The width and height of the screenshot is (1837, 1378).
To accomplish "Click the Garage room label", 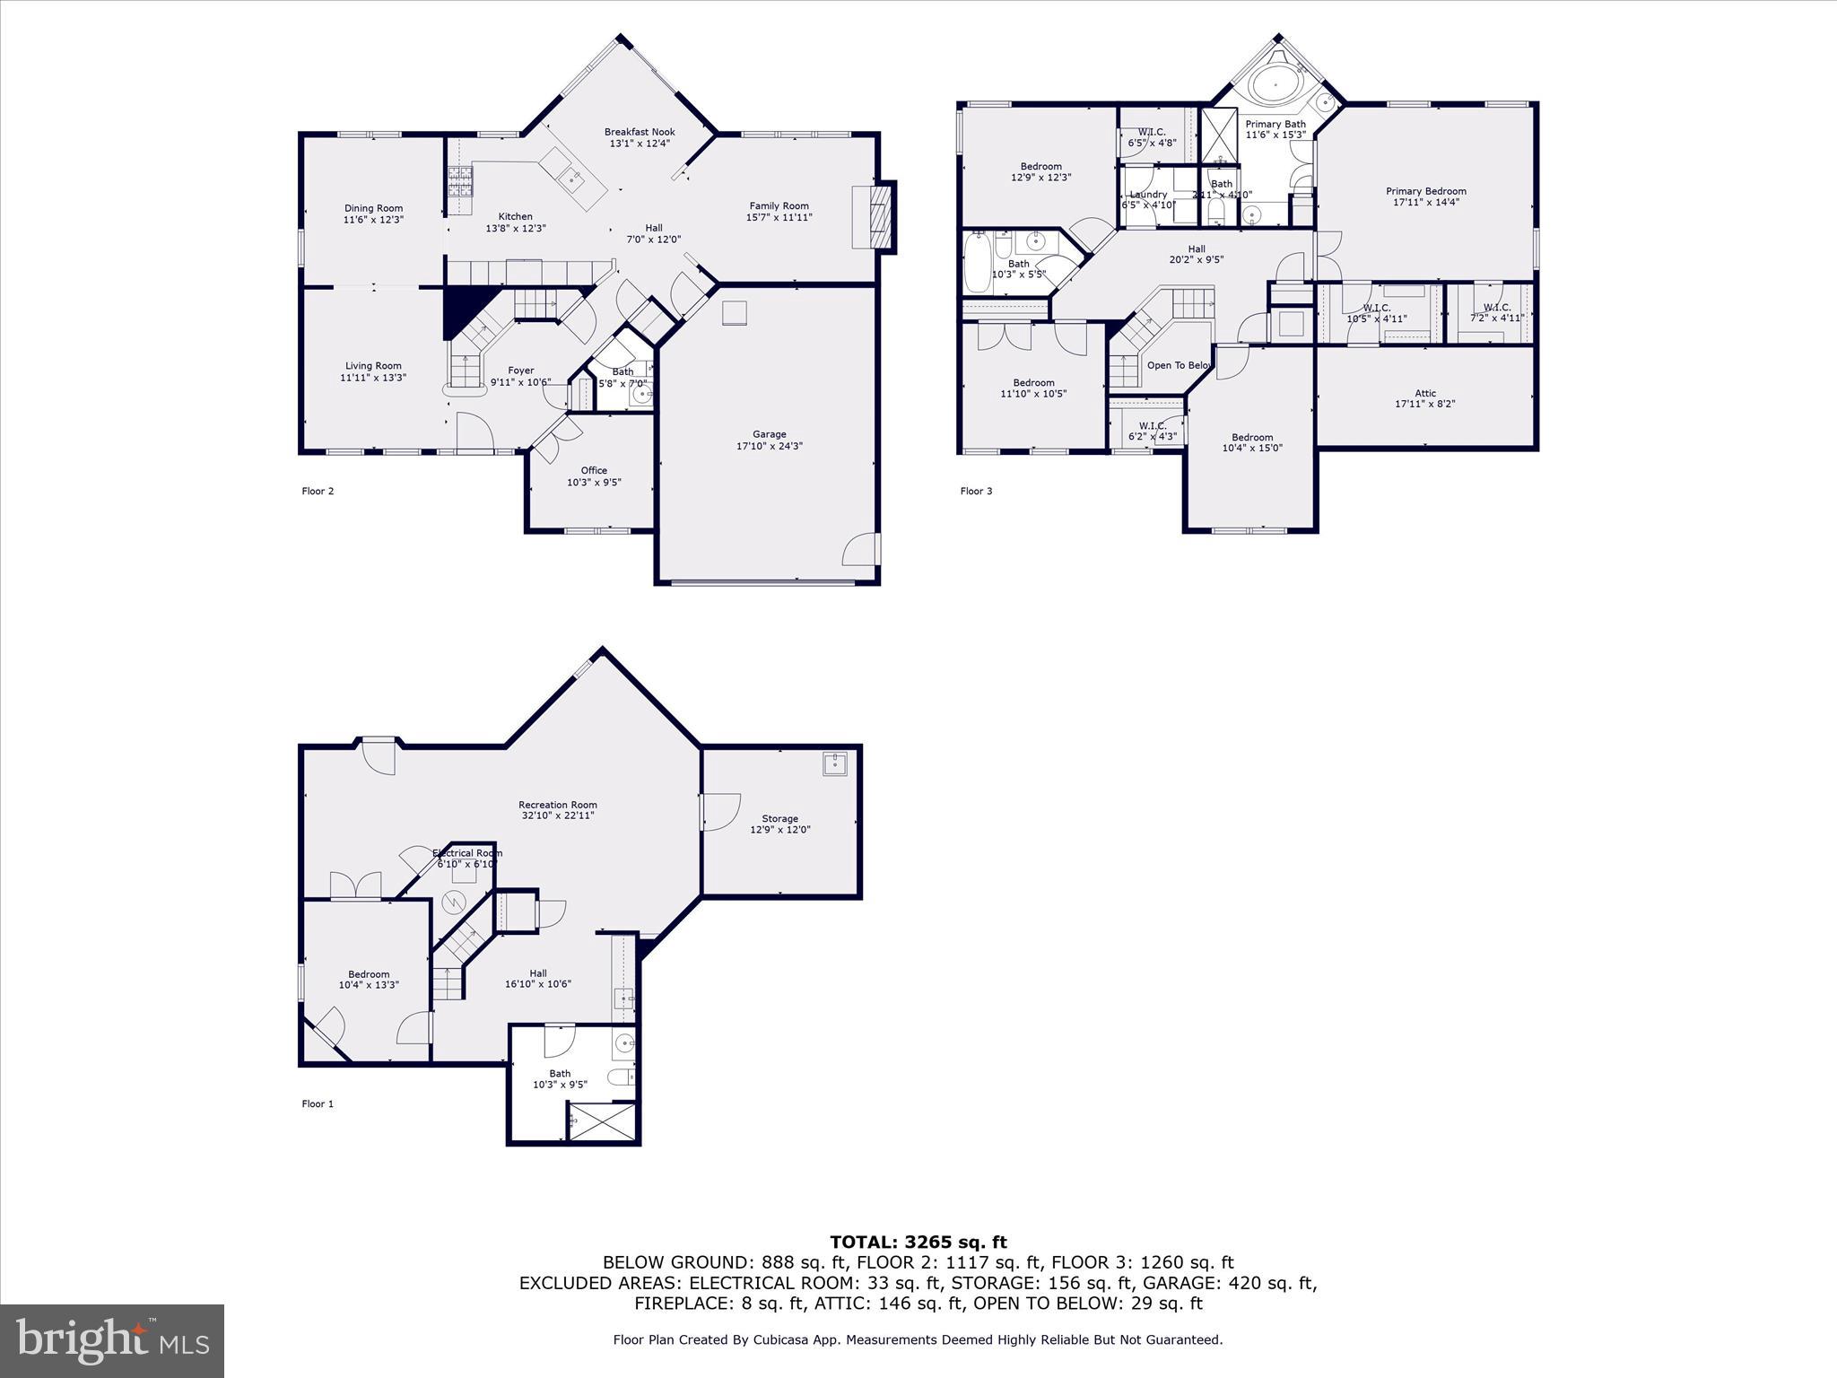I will pyautogui.click(x=769, y=434).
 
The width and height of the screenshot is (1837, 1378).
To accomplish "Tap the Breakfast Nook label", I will pyautogui.click(x=640, y=132).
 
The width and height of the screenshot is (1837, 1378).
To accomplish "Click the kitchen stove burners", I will pyautogui.click(x=460, y=182).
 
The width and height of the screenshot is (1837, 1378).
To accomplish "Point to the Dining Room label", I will pyautogui.click(x=373, y=208).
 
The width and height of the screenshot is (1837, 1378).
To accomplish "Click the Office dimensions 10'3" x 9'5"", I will pyautogui.click(x=594, y=483).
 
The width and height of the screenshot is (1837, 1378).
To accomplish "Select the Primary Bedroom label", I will pyautogui.click(x=1425, y=191).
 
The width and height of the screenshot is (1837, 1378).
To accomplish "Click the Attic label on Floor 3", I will pyautogui.click(x=1425, y=393).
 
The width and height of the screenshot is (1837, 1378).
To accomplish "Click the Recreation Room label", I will pyautogui.click(x=557, y=805).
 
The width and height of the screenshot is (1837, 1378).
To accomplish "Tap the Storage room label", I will pyautogui.click(x=779, y=818).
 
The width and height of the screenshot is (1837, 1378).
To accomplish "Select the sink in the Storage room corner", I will pyautogui.click(x=835, y=763).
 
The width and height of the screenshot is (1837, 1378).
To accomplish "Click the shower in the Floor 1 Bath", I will pyautogui.click(x=603, y=1121).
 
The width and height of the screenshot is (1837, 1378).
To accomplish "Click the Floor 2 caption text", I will pyautogui.click(x=318, y=491).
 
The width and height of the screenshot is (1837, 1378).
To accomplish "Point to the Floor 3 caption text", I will pyautogui.click(x=976, y=491).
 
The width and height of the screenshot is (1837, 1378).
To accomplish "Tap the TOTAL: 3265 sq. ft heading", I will pyautogui.click(x=918, y=1242).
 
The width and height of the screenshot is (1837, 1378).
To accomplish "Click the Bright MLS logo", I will pyautogui.click(x=112, y=1340).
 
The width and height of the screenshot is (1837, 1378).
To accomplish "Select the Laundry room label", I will pyautogui.click(x=1148, y=195).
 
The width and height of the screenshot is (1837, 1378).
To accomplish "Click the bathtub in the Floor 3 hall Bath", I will pyautogui.click(x=975, y=261).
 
